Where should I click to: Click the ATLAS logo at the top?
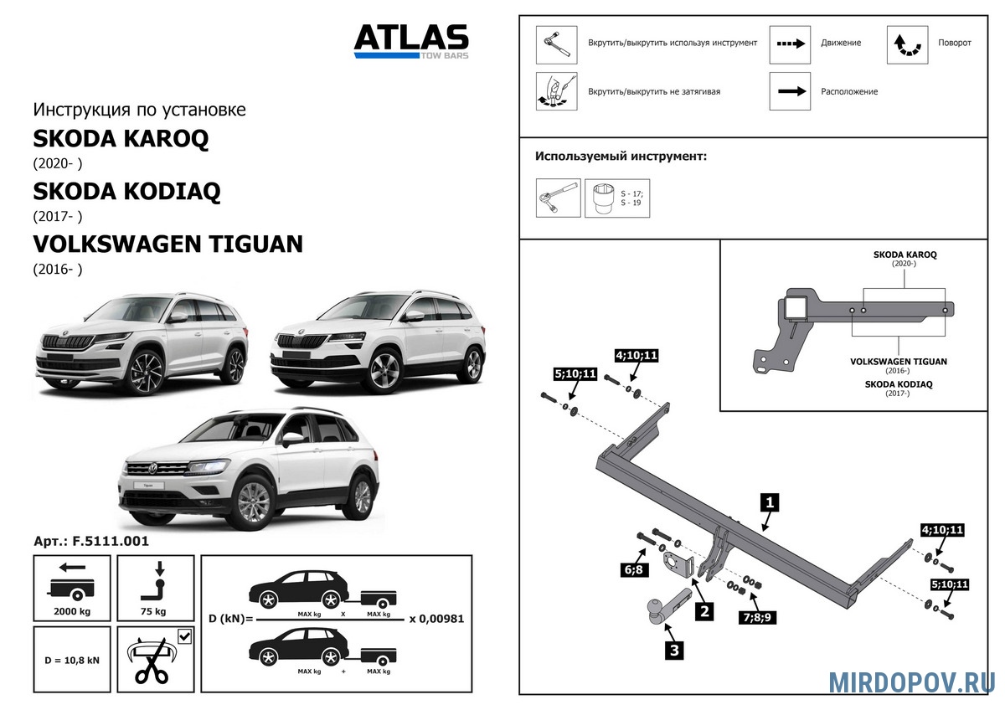click(410, 40)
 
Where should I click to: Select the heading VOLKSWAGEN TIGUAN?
click(167, 244)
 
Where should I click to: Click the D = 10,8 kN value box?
click(71, 660)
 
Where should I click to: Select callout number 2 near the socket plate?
click(704, 611)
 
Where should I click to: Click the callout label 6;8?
click(633, 570)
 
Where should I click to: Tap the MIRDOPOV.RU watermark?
click(912, 682)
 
